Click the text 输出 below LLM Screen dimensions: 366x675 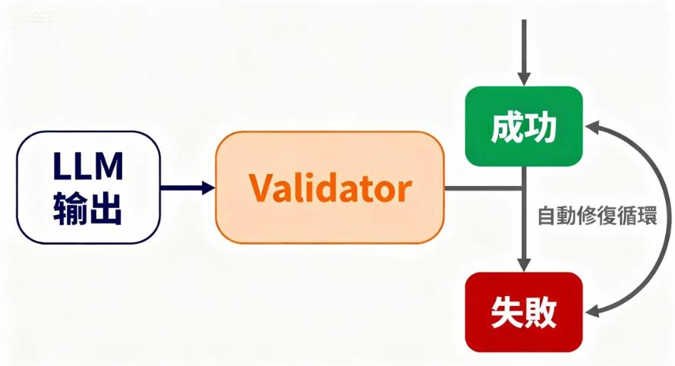pos(88,207)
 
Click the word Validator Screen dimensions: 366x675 pos(330,188)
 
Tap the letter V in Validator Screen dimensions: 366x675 pos(260,188)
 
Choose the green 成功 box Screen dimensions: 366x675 pos(524,127)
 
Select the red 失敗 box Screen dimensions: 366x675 pos(524,311)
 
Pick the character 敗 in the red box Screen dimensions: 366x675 pos(541,311)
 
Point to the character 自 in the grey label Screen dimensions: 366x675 pos(547,215)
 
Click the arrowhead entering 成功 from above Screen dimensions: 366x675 pos(524,79)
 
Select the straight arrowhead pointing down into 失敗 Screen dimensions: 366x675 pos(524,264)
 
